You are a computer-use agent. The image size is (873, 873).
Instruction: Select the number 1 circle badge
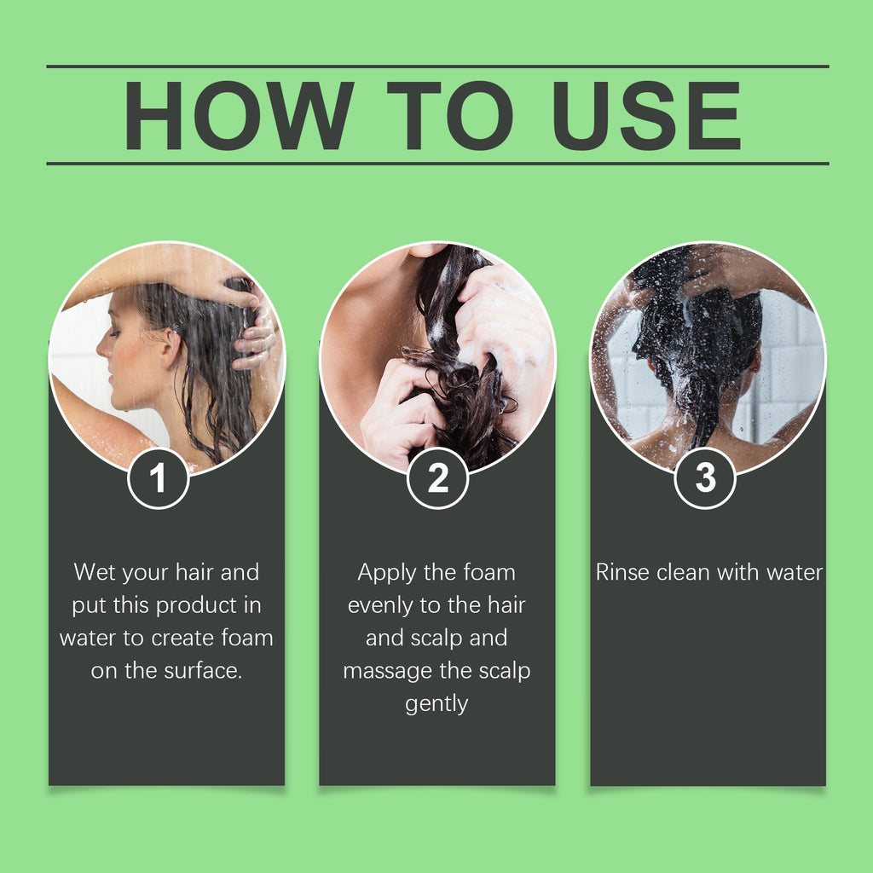pos(159,478)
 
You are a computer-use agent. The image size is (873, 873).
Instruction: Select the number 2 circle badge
pos(437,478)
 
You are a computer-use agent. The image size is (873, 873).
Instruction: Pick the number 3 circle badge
pos(705,478)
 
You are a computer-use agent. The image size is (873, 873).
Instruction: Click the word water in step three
pos(794,572)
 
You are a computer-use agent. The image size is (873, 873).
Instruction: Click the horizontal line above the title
pos(436,66)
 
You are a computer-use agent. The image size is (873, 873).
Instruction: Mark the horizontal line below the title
pos(436,163)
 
